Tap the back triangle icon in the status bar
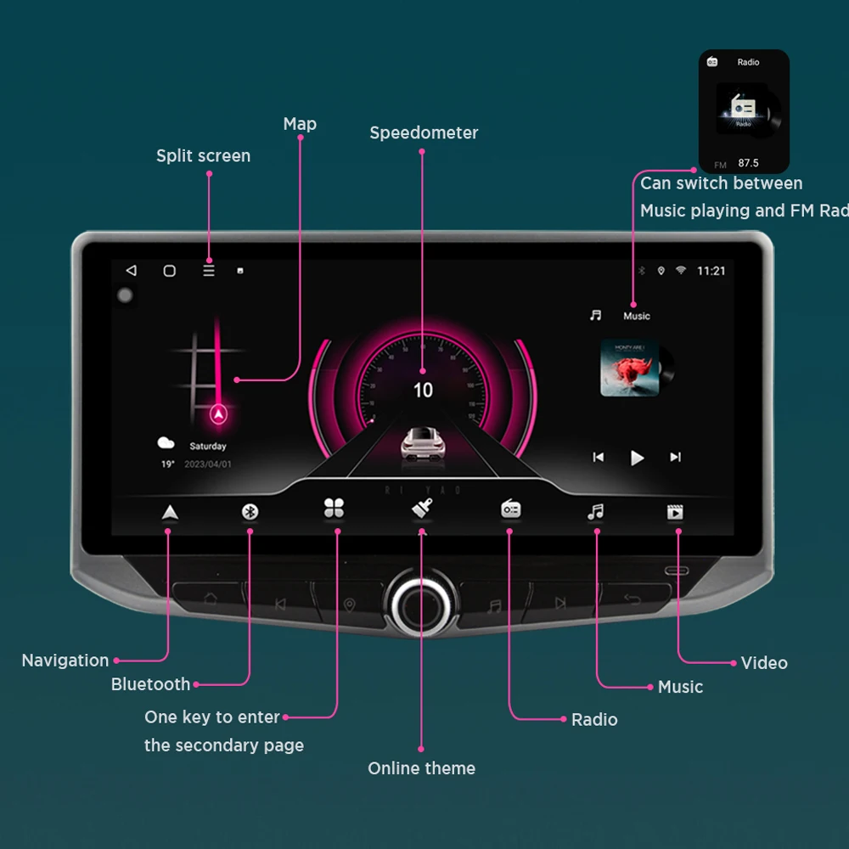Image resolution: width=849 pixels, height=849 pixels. click(131, 271)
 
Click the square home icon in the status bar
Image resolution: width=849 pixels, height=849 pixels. click(170, 271)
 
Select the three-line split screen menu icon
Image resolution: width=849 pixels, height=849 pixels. click(209, 271)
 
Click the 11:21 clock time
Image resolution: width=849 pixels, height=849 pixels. click(711, 271)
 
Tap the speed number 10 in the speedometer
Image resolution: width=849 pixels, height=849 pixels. click(423, 390)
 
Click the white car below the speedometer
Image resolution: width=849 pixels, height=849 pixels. click(423, 443)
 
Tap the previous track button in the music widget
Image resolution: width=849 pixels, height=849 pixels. click(599, 458)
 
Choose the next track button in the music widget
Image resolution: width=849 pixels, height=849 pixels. click(675, 458)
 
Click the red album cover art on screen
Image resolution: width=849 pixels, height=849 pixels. click(630, 368)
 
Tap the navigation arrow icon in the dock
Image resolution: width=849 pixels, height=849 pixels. click(170, 511)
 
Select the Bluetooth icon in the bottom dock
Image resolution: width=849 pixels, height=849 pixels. click(250, 511)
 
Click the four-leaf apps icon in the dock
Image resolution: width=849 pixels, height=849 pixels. click(334, 509)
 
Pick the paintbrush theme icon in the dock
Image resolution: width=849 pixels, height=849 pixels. click(422, 509)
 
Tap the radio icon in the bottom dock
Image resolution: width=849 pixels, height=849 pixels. click(510, 509)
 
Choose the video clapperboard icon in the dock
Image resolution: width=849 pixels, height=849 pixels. click(675, 512)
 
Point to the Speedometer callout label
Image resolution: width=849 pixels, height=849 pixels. click(424, 132)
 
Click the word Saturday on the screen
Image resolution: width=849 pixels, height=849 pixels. click(208, 447)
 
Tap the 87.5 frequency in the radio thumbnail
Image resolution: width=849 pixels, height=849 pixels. click(748, 163)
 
